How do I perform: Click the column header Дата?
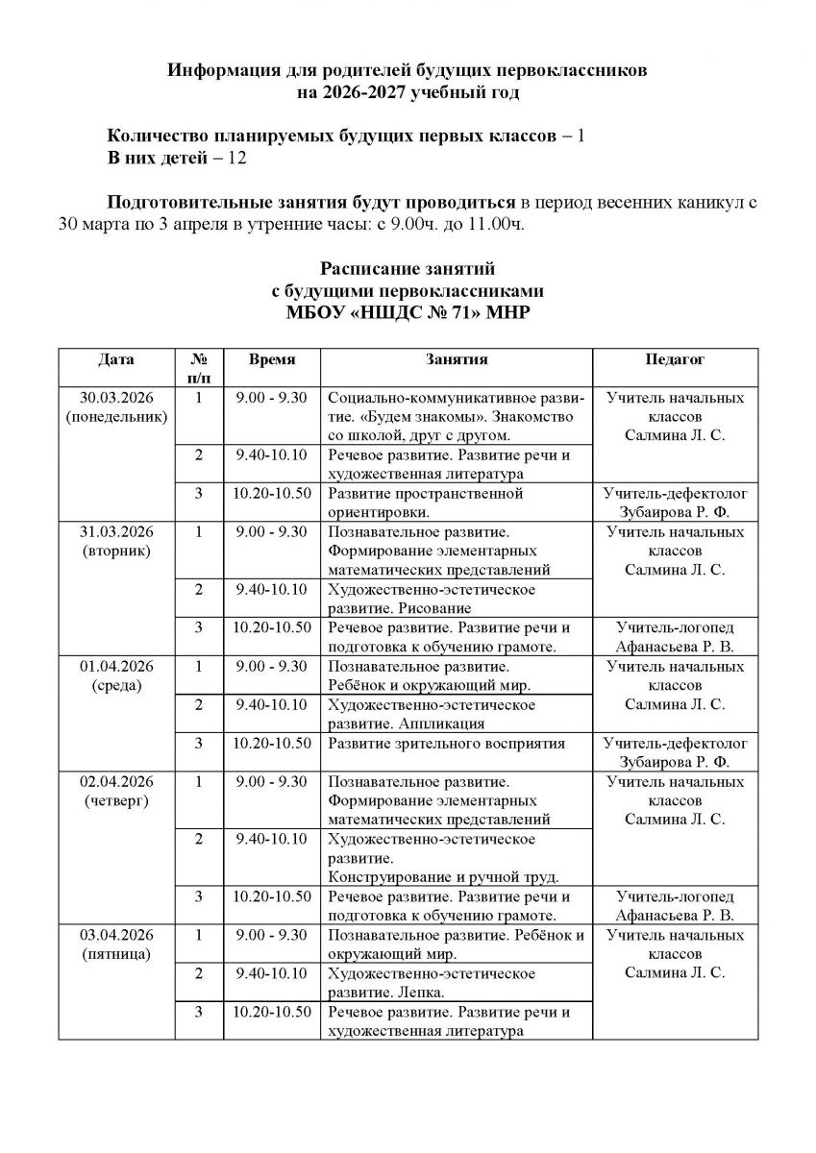coord(115,359)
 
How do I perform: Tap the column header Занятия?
coord(457,359)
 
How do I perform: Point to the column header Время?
coord(271,359)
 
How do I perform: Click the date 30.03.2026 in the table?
coord(115,398)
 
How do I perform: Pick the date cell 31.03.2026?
coord(115,531)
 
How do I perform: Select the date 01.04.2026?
coord(115,666)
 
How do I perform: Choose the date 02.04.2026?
coord(115,781)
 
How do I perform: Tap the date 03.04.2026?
coord(115,935)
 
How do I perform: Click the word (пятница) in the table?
coord(115,954)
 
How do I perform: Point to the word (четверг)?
coord(115,800)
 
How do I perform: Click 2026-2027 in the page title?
coord(367,93)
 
